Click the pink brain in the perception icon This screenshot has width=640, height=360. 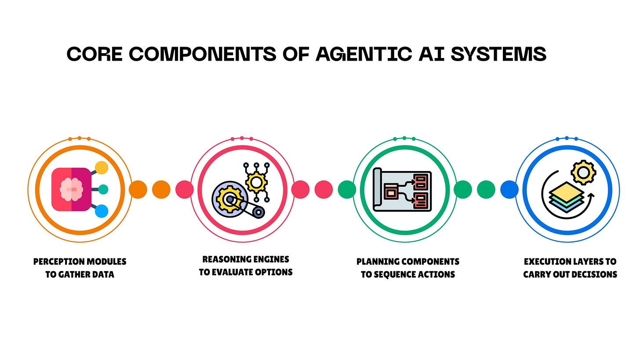71,189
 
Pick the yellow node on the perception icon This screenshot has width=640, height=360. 102,167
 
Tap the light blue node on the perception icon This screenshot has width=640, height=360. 102,211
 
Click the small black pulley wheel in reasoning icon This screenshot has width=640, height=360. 258,212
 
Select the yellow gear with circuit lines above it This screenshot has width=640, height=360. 256,181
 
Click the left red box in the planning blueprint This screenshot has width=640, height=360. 390,191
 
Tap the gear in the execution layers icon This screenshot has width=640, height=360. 583,172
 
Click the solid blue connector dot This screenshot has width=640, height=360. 509,189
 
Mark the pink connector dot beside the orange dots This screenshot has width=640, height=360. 185,189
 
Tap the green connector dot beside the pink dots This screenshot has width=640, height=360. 347,189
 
